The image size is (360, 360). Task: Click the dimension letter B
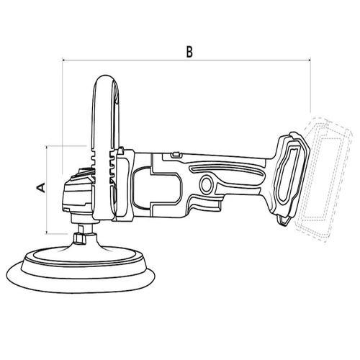(189, 51)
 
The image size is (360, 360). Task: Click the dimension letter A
(41, 187)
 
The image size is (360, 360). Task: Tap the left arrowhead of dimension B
(63, 60)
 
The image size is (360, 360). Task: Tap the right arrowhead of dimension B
(309, 60)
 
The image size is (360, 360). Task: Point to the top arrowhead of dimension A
(46, 147)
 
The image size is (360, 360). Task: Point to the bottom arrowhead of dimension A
(46, 232)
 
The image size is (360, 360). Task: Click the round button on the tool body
(206, 184)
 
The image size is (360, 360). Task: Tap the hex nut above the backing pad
(80, 238)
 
